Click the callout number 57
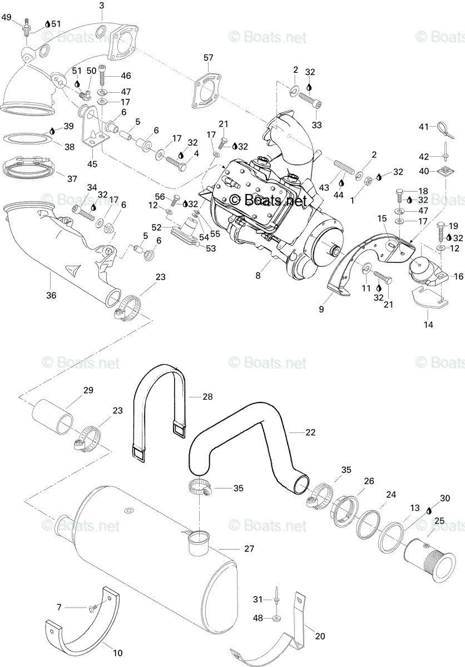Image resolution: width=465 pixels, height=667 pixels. click(x=208, y=57)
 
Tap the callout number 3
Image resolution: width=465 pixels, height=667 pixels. click(x=102, y=6)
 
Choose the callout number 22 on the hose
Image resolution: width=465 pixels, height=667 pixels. click(x=310, y=432)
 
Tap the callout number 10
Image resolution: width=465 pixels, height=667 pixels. click(x=118, y=653)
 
